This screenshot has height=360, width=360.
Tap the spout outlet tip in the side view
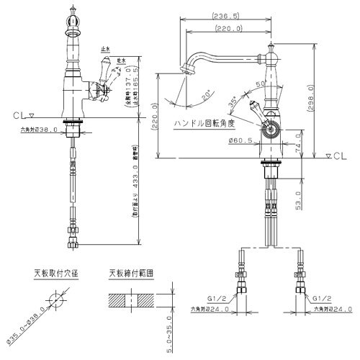tap(189, 70)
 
